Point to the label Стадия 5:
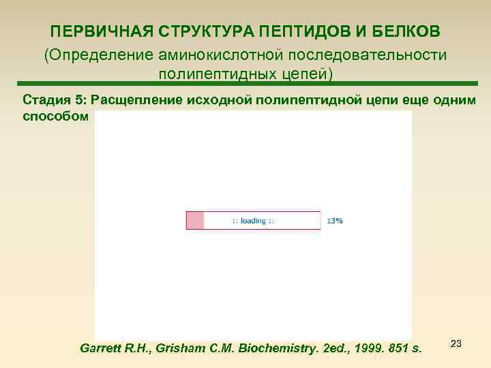[x=57, y=99]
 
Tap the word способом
[x=55, y=115]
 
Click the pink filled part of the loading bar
[x=195, y=221]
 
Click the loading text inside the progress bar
[x=253, y=221]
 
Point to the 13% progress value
[x=335, y=221]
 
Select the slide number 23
[x=457, y=343]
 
